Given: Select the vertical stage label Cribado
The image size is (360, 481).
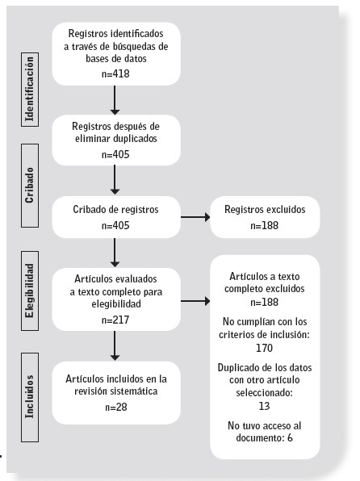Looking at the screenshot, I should pos(30,183).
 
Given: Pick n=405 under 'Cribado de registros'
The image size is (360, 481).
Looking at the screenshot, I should pos(116,225).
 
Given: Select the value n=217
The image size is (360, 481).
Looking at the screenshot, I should pos(116,320).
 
